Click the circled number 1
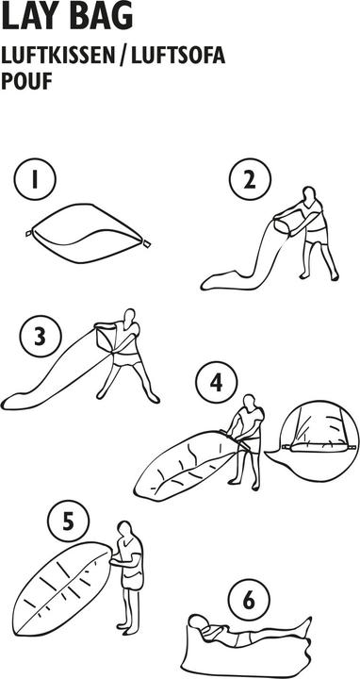pos(35,179)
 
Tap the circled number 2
pos(250,179)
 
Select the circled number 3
pos(41,337)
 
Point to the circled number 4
pos(217,383)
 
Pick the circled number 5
pos(69,522)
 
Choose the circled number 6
pos(249,600)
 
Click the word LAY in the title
pos(28,17)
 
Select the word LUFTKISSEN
pos(58,57)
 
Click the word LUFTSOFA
pos(178,57)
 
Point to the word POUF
pos(26,81)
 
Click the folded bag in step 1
pos(88,233)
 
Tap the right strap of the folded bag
pos(146,243)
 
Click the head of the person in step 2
pos(308,193)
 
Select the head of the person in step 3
pos(129,316)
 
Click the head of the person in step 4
pos(249,402)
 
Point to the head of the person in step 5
pos(124,529)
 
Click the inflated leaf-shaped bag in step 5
pos(62,588)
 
